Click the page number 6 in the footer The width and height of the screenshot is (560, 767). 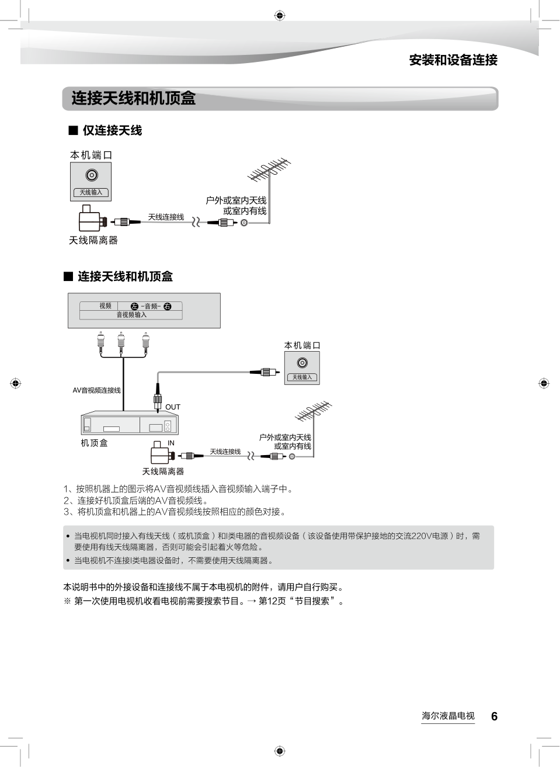[494, 716]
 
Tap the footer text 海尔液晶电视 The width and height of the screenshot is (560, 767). [448, 716]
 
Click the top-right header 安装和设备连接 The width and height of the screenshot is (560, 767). [453, 60]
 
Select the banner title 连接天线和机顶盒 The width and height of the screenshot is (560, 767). [133, 98]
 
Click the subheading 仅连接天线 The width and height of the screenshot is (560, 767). [112, 130]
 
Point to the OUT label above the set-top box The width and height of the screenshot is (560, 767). [173, 407]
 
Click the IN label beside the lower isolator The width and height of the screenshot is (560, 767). [171, 443]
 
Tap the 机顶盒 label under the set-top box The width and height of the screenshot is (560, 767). [94, 443]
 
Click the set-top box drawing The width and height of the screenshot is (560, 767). [129, 423]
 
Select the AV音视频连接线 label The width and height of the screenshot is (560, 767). [96, 390]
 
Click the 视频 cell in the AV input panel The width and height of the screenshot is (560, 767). [105, 306]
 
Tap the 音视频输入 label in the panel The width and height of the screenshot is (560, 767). [131, 315]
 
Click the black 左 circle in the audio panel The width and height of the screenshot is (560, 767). [134, 306]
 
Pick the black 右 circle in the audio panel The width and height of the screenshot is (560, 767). [168, 306]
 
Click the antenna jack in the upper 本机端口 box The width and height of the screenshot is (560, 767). [91, 175]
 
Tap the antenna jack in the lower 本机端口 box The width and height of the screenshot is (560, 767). [302, 363]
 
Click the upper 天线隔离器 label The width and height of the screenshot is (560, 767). [93, 240]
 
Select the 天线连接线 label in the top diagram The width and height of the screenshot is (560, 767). [166, 217]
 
